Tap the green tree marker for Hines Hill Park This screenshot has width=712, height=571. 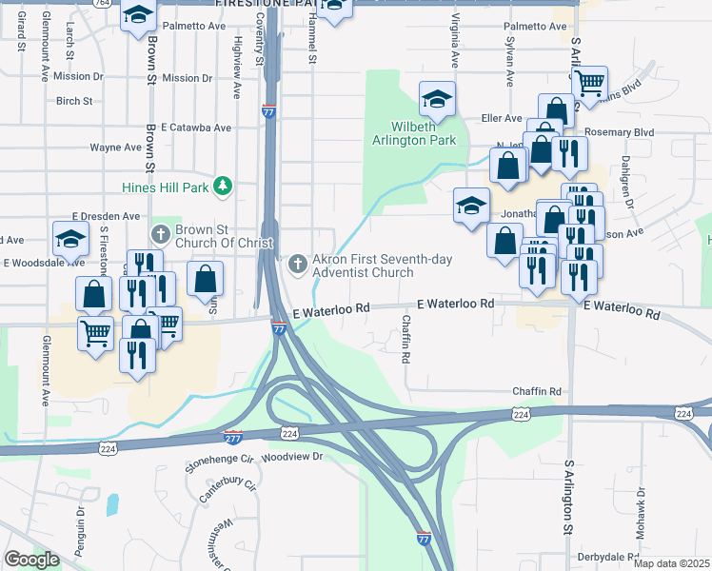coord(223,186)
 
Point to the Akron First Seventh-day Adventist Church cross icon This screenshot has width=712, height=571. coord(297,264)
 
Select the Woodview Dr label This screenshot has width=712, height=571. coord(292,457)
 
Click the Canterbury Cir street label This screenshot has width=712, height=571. coord(227,492)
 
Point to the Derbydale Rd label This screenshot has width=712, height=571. coord(605,557)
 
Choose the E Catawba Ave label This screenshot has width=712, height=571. coord(196,127)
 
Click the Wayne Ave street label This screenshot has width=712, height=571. coord(115,148)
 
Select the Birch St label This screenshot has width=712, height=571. coord(74,100)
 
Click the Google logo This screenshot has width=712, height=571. coord(31,560)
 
